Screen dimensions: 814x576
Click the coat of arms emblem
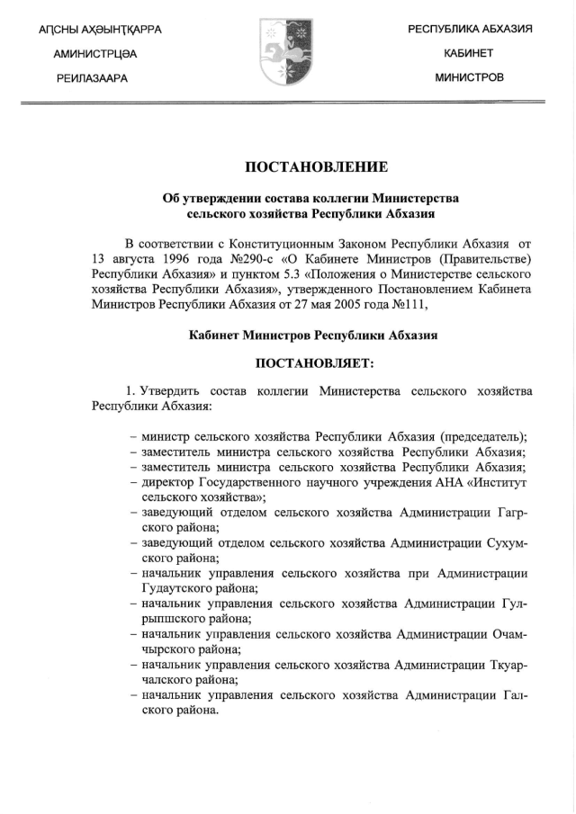286,52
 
